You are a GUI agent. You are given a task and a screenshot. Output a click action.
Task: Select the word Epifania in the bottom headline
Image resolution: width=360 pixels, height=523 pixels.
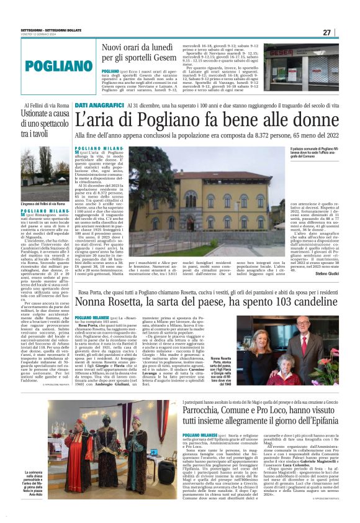click(313, 423)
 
